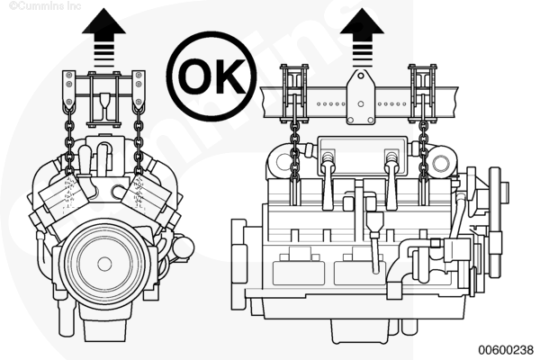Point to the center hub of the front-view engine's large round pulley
104,264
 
